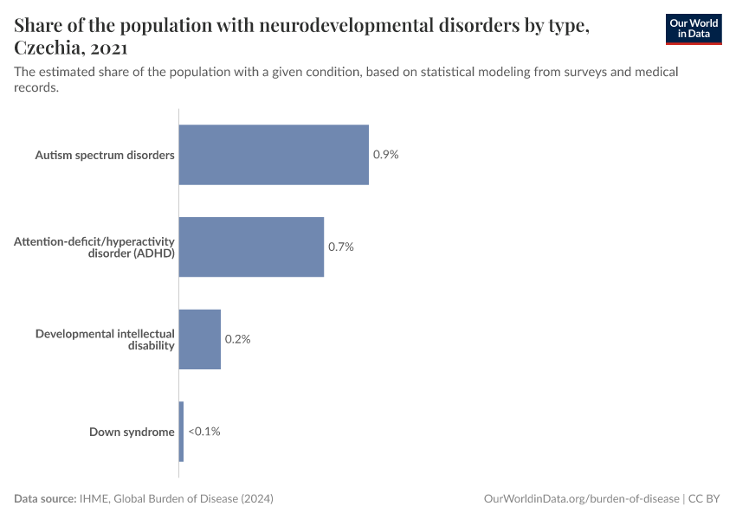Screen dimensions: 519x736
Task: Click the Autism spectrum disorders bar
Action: [x=274, y=155]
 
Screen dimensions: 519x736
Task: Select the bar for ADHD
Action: [x=251, y=247]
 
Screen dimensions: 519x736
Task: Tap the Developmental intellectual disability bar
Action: [x=200, y=339]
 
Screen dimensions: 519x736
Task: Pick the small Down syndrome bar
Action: [x=181, y=431]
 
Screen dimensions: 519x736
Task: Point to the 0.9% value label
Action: [x=385, y=155]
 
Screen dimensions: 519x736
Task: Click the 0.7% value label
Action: [x=341, y=247]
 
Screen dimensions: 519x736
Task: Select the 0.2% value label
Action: [x=237, y=339]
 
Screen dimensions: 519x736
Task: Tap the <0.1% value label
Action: [x=204, y=431]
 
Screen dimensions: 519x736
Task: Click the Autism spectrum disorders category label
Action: [x=105, y=155]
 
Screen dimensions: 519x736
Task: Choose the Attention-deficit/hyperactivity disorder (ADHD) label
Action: [x=94, y=247]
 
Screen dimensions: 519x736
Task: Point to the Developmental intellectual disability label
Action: [x=105, y=339]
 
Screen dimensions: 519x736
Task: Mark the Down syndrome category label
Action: [x=132, y=431]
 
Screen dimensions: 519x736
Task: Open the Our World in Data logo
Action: [x=693, y=29]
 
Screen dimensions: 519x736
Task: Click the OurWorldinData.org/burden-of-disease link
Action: [x=581, y=499]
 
